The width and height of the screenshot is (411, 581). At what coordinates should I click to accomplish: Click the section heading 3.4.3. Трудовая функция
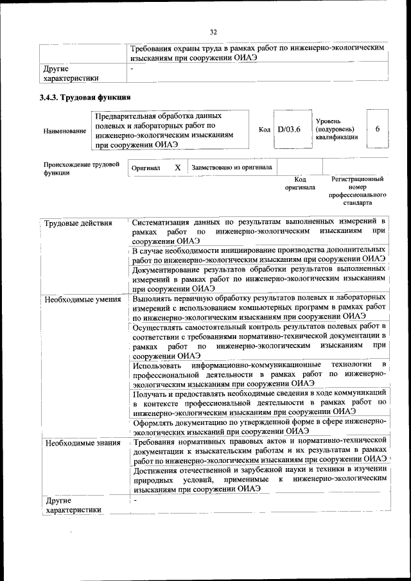pyautogui.click(x=85, y=98)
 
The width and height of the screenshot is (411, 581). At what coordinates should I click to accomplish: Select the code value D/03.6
pyautogui.click(x=289, y=129)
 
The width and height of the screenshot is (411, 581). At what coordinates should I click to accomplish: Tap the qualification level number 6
pyautogui.click(x=378, y=129)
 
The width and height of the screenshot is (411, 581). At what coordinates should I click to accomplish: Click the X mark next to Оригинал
pyautogui.click(x=177, y=168)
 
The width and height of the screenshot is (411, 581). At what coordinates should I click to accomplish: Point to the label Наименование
pyautogui.click(x=65, y=131)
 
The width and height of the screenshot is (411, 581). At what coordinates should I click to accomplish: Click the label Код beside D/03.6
pyautogui.click(x=264, y=130)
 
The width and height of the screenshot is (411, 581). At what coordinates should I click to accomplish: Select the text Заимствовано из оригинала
pyautogui.click(x=231, y=168)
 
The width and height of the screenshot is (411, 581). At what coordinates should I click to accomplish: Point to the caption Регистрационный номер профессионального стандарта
pyautogui.click(x=357, y=191)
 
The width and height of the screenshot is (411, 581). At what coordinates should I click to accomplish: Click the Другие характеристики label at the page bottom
pyautogui.click(x=71, y=505)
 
